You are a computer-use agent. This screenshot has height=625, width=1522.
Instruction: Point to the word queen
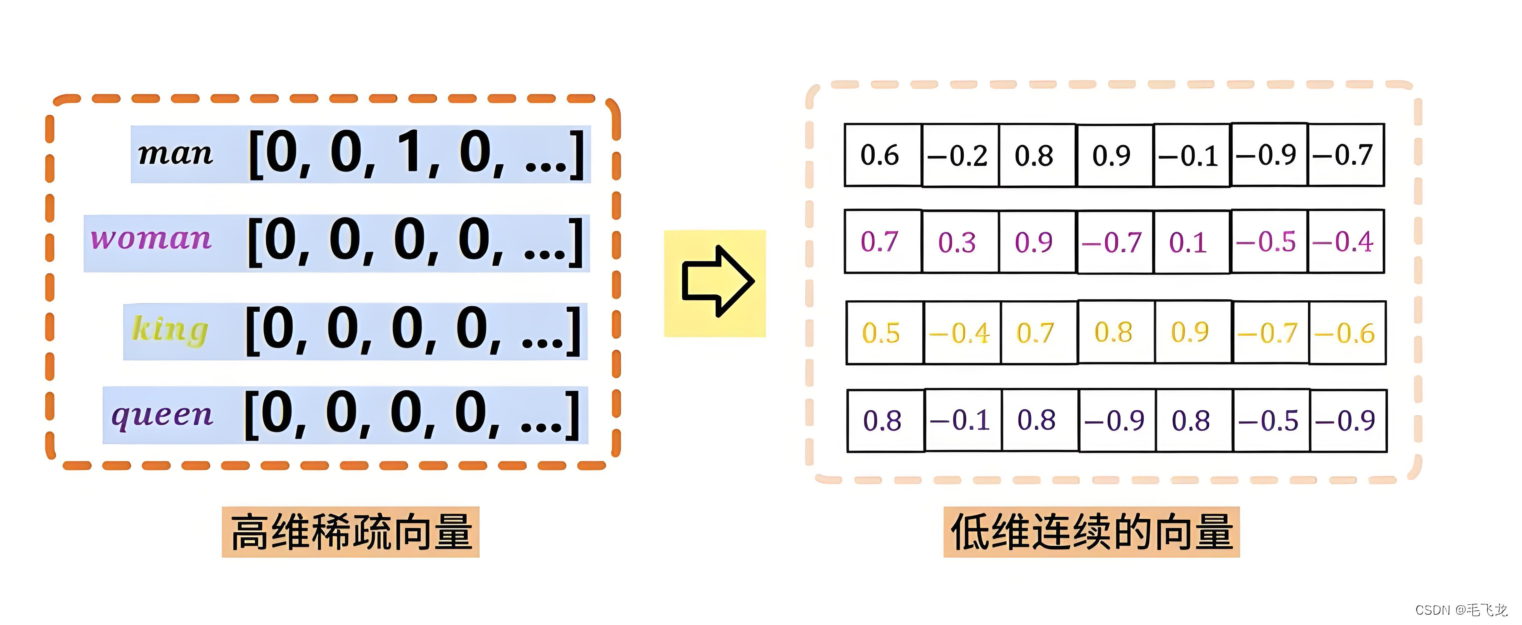click(162, 415)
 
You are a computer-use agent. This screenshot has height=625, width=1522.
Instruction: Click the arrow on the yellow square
click(716, 282)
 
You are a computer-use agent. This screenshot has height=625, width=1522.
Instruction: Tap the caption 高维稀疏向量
click(351, 532)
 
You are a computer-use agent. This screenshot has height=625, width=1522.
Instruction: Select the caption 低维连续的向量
click(1091, 532)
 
